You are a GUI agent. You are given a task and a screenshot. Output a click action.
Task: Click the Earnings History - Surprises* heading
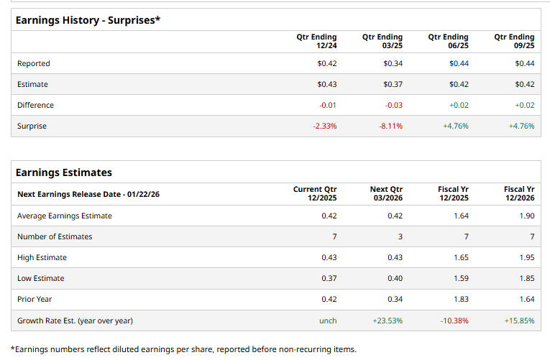coord(88,20)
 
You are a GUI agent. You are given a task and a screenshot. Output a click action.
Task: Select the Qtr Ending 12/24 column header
coord(316,41)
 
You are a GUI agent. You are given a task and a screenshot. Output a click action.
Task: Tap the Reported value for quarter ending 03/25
coord(393,63)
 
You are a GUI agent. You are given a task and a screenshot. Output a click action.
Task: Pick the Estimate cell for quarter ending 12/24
coord(327,84)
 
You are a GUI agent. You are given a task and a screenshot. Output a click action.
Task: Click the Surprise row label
coord(32,126)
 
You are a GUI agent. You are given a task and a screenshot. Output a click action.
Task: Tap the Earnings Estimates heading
coord(64,172)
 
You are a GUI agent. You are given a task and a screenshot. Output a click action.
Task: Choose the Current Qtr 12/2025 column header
coord(315,193)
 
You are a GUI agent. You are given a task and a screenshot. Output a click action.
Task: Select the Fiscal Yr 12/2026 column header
coord(519,193)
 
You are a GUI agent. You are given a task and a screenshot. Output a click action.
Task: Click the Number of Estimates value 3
coord(400,236)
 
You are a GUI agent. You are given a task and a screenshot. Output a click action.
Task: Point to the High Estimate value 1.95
coord(526,257)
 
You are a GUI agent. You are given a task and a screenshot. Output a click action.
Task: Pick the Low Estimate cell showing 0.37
coord(329,278)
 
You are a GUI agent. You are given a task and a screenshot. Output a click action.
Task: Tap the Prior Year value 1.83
coord(460,299)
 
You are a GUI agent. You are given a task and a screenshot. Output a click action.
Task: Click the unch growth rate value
coord(328,320)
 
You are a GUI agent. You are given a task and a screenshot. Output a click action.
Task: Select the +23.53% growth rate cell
coord(389,320)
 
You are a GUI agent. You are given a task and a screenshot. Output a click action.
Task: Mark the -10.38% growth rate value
coord(454,320)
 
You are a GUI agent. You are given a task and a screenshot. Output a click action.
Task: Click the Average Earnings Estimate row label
coord(65,216)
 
